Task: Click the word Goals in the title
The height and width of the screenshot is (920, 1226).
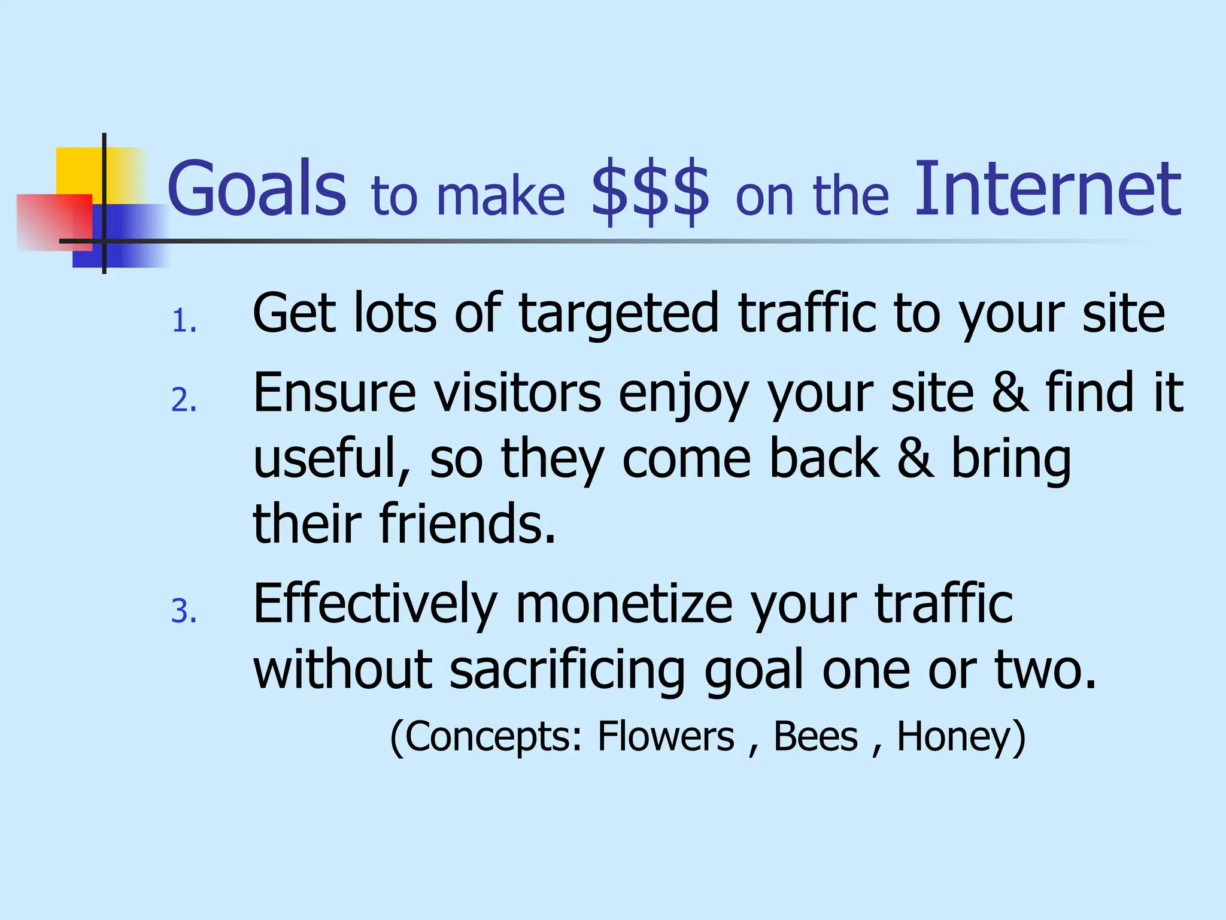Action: (256, 189)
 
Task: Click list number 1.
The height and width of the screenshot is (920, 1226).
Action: (184, 322)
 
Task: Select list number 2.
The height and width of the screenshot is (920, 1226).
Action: (184, 400)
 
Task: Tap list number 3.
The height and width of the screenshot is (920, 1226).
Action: (184, 612)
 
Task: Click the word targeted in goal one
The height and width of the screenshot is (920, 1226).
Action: (618, 314)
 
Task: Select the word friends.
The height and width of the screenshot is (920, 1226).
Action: (467, 523)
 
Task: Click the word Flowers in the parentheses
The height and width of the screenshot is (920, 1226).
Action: (665, 736)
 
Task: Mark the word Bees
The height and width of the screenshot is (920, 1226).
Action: (815, 736)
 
